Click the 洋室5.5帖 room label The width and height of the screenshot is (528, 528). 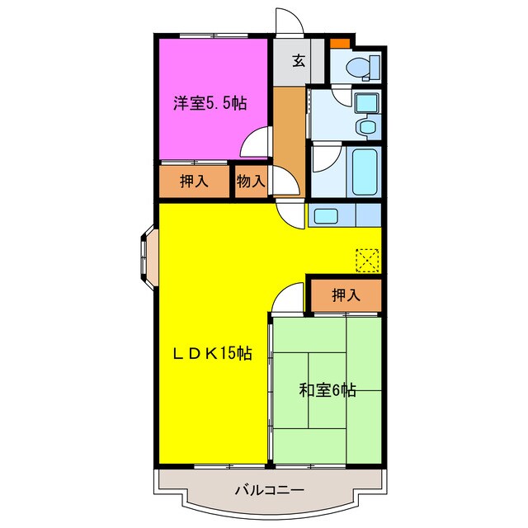point(210,104)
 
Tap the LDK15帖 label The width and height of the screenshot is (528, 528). point(211,354)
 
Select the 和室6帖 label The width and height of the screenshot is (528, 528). point(327,390)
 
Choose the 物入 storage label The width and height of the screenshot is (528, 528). point(250,181)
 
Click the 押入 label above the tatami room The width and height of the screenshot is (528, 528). point(345,295)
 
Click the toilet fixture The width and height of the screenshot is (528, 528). point(362,66)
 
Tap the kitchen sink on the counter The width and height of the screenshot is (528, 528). point(326,216)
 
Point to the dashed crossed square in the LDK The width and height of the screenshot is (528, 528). point(367,260)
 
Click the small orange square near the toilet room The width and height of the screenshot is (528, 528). point(339,42)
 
